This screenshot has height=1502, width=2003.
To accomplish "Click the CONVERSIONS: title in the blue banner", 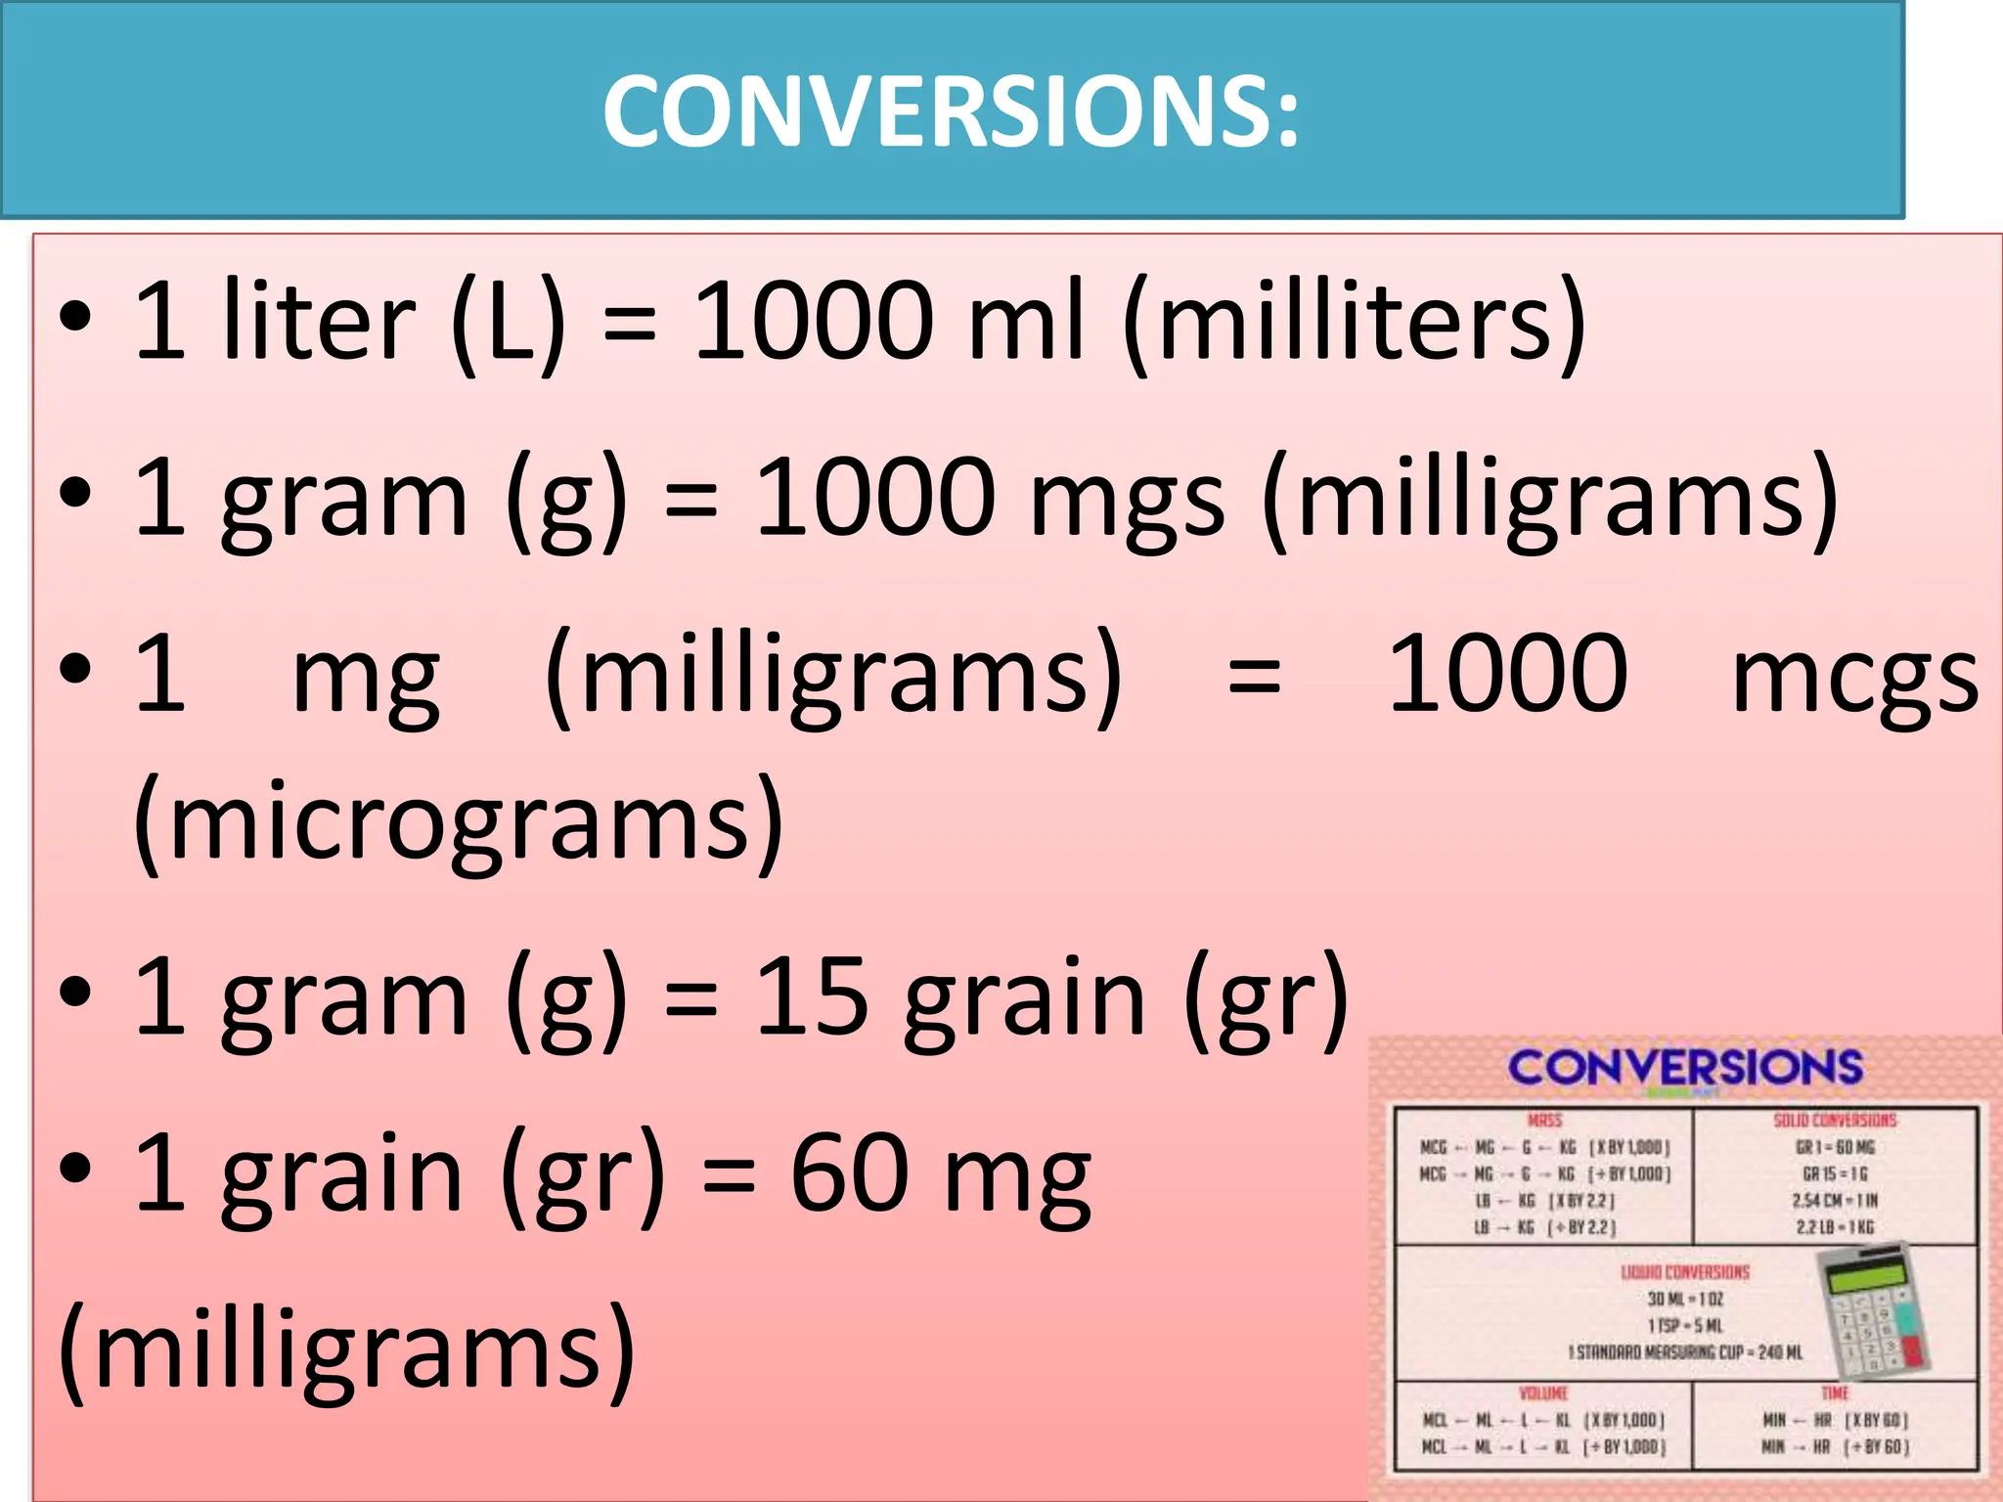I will point(951,110).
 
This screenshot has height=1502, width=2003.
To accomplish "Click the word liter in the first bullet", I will point(319,320).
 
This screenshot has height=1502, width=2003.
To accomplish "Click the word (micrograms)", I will point(458,821).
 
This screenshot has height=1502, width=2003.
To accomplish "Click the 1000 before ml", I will point(814,320).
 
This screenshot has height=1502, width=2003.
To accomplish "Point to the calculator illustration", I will point(1873,1310).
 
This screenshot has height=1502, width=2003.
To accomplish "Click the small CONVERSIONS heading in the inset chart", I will point(1684,1067).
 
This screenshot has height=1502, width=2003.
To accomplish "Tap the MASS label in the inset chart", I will point(1544,1121).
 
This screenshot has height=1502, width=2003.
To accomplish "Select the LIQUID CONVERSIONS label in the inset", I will point(1684,1272).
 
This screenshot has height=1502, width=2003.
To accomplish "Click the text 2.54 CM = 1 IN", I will point(1834,1200).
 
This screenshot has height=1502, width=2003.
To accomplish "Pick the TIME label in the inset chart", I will point(1835,1392).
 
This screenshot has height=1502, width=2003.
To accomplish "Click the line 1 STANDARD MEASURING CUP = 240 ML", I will point(1684,1352).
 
